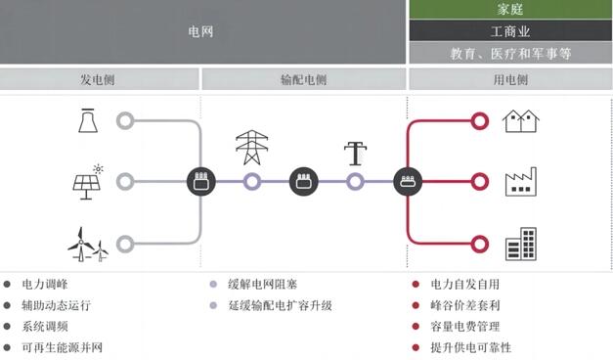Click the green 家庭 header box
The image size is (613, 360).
pos(509,9)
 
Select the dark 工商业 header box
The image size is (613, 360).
pos(509,31)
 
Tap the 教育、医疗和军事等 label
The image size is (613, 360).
pos(509,53)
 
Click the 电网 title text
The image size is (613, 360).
pos(200,31)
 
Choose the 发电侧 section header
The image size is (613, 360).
pos(100,79)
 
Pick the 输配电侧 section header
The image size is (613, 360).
pos(303,79)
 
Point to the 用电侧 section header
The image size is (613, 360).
pos(509,79)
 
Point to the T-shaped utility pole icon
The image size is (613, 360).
pos(355,152)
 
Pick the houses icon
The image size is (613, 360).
pos(521,120)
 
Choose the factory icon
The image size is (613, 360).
pos(521,182)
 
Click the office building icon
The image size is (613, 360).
pos(521,244)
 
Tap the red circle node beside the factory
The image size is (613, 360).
pos(479,181)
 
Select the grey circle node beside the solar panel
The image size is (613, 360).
pos(125,181)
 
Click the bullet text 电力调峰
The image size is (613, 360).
pos(45,285)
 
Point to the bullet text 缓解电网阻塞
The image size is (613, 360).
pos(262,285)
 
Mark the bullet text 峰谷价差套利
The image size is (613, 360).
pos(465,305)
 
